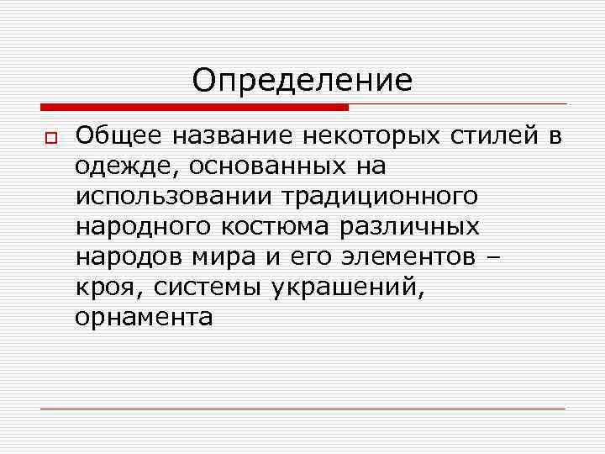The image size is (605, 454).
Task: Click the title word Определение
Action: pyautogui.click(x=302, y=81)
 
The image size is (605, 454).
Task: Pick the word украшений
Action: pyautogui.click(x=346, y=288)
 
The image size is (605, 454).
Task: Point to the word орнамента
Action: pyautogui.click(x=144, y=318)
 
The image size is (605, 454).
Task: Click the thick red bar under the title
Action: pyautogui.click(x=194, y=108)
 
